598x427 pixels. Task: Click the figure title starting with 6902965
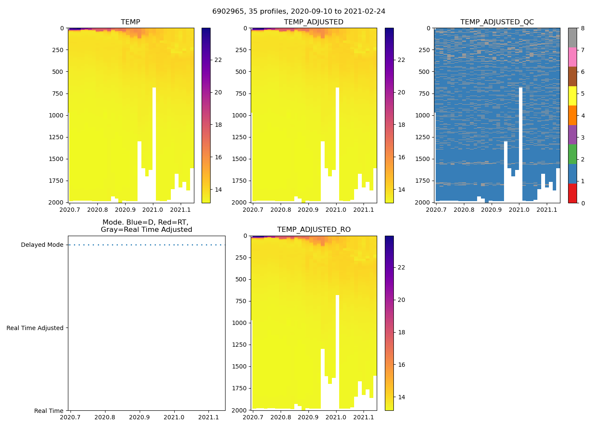(x=299, y=12)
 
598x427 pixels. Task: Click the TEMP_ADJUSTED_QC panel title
(x=497, y=22)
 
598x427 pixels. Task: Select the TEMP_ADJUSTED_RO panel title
(x=314, y=230)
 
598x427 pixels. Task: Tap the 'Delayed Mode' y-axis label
(x=42, y=245)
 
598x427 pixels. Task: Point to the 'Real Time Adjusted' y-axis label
(x=35, y=328)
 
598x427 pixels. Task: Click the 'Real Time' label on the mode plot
(x=49, y=411)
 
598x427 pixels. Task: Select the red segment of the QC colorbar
(x=572, y=193)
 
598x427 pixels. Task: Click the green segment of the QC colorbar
(x=572, y=154)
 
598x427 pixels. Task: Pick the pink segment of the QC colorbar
(x=572, y=57)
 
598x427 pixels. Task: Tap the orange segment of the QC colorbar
(x=572, y=115)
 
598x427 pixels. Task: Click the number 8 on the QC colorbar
(x=582, y=29)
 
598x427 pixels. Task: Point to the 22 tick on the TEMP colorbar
(x=218, y=60)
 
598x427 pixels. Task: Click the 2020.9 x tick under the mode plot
(x=139, y=417)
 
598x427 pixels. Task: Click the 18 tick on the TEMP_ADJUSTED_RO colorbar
(x=401, y=332)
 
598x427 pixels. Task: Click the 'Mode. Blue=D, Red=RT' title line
(x=145, y=222)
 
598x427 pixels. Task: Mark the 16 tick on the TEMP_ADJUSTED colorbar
(x=401, y=157)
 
